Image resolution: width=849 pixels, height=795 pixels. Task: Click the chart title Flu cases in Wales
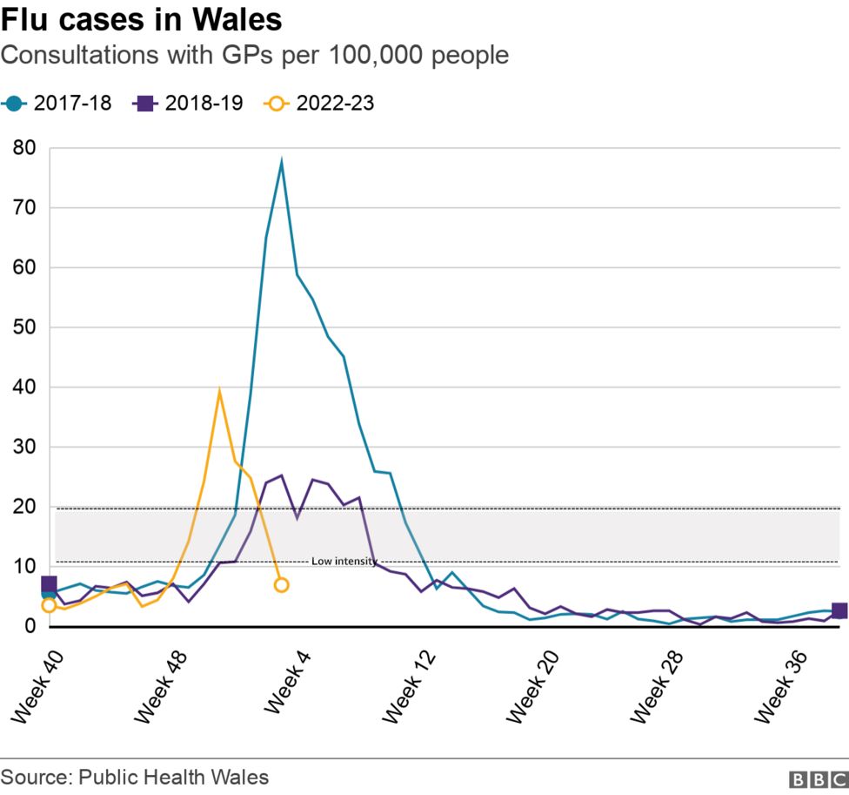tap(141, 19)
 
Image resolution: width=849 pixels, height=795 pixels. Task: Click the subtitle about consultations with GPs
tap(254, 56)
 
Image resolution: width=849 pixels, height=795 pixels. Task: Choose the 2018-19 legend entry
tap(188, 103)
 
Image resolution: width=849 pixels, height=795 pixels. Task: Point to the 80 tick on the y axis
tap(24, 148)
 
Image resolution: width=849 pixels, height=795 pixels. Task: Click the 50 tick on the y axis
tap(24, 327)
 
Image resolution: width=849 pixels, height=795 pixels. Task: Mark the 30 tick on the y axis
tap(24, 447)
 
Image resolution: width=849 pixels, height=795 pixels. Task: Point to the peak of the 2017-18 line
tap(281, 162)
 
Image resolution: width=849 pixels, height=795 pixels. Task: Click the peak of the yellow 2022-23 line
tap(219, 391)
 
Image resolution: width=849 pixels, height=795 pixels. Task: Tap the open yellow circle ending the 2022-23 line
tap(281, 585)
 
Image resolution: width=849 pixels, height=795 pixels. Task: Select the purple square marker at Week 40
tap(49, 584)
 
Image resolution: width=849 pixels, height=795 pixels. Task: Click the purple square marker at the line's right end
tap(839, 611)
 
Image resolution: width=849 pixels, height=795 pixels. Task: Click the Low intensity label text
tap(344, 562)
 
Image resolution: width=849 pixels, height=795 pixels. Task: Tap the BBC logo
tap(818, 778)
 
